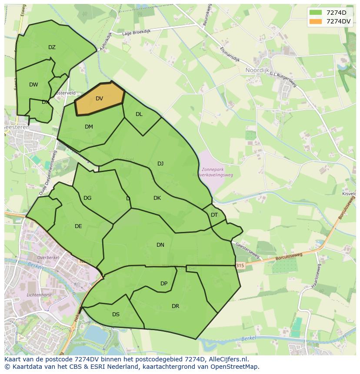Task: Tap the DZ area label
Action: (52, 47)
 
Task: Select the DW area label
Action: (33, 85)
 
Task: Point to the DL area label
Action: (139, 114)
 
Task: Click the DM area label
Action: (89, 127)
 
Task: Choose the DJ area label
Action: (160, 164)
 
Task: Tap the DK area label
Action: (157, 198)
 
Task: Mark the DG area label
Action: (87, 198)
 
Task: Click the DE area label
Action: (78, 226)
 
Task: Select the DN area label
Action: (160, 245)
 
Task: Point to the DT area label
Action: (214, 215)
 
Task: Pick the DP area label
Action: (164, 284)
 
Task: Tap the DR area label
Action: (175, 306)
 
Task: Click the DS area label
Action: (116, 314)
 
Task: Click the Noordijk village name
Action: (257, 70)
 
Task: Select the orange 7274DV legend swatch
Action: (316, 21)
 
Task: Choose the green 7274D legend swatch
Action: (316, 13)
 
